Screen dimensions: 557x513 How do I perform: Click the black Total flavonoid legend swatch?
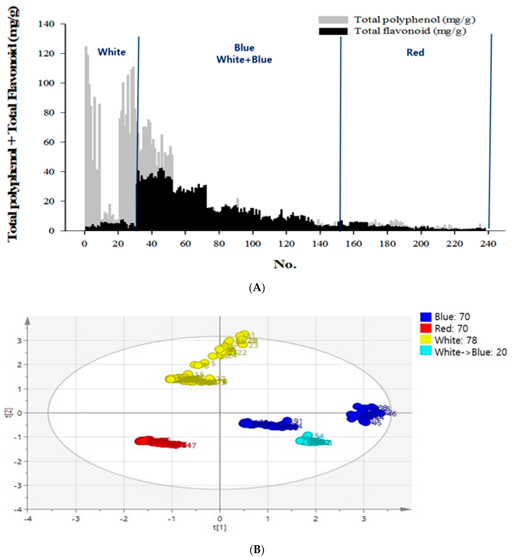(x=333, y=31)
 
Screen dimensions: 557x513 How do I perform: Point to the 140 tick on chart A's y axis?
(x=46, y=24)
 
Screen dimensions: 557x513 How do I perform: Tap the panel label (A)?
(x=257, y=287)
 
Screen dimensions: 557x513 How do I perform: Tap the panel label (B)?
(x=257, y=549)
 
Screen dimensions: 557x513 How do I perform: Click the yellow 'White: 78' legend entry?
(x=455, y=340)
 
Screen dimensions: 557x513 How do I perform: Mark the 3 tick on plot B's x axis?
(x=363, y=518)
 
